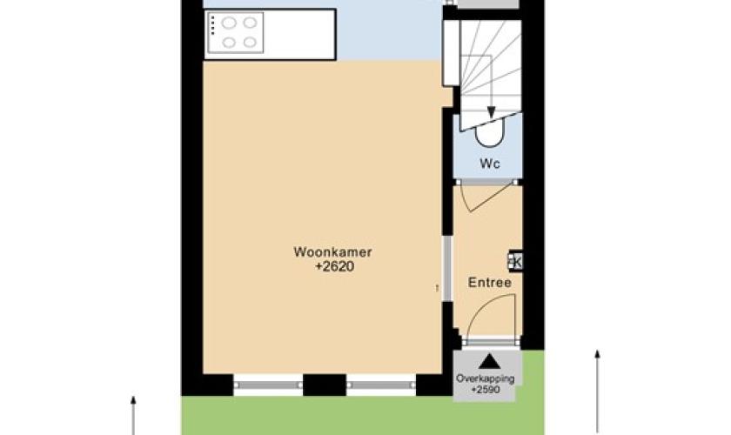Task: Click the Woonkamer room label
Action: (x=332, y=252)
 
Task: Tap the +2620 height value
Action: (x=335, y=267)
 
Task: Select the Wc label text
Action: (x=489, y=164)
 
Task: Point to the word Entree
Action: (x=489, y=283)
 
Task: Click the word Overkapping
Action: (x=486, y=378)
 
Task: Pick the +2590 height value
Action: (x=486, y=389)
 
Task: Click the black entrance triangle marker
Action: (x=489, y=361)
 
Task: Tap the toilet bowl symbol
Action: (x=489, y=133)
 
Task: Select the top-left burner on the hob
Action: (x=228, y=23)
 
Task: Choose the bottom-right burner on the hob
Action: (x=251, y=43)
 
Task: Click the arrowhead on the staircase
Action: (x=491, y=112)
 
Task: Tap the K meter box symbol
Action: (x=515, y=261)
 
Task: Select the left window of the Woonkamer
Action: (x=268, y=385)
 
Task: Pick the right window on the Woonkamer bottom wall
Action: (x=381, y=385)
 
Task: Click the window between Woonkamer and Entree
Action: (x=447, y=269)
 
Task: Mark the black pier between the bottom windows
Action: (x=325, y=385)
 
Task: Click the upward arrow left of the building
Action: (x=133, y=415)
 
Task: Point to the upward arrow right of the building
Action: (x=597, y=391)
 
